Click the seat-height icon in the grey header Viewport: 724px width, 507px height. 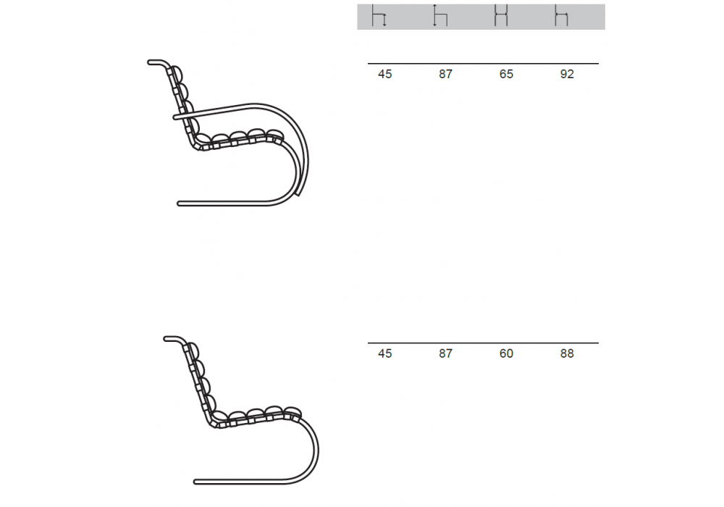tap(379, 16)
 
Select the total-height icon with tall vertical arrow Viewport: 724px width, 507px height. tap(440, 16)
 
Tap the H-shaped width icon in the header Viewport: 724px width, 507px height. tap(501, 16)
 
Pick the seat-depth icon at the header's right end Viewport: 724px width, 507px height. tap(562, 16)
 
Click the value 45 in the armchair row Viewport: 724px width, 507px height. tap(384, 75)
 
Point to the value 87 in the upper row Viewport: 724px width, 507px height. tap(445, 75)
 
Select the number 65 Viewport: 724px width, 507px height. tap(506, 75)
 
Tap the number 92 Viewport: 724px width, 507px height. tap(567, 75)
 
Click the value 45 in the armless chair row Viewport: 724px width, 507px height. tap(384, 353)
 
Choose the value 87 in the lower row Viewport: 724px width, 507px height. tap(445, 353)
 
